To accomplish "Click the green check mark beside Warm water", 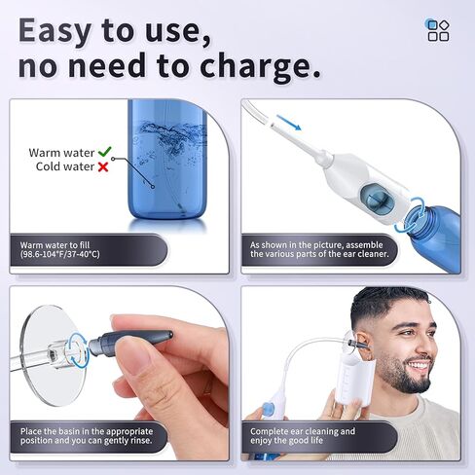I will click(x=104, y=152).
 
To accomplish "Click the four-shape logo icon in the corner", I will click(x=438, y=29).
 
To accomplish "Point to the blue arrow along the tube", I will click(x=288, y=123).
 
